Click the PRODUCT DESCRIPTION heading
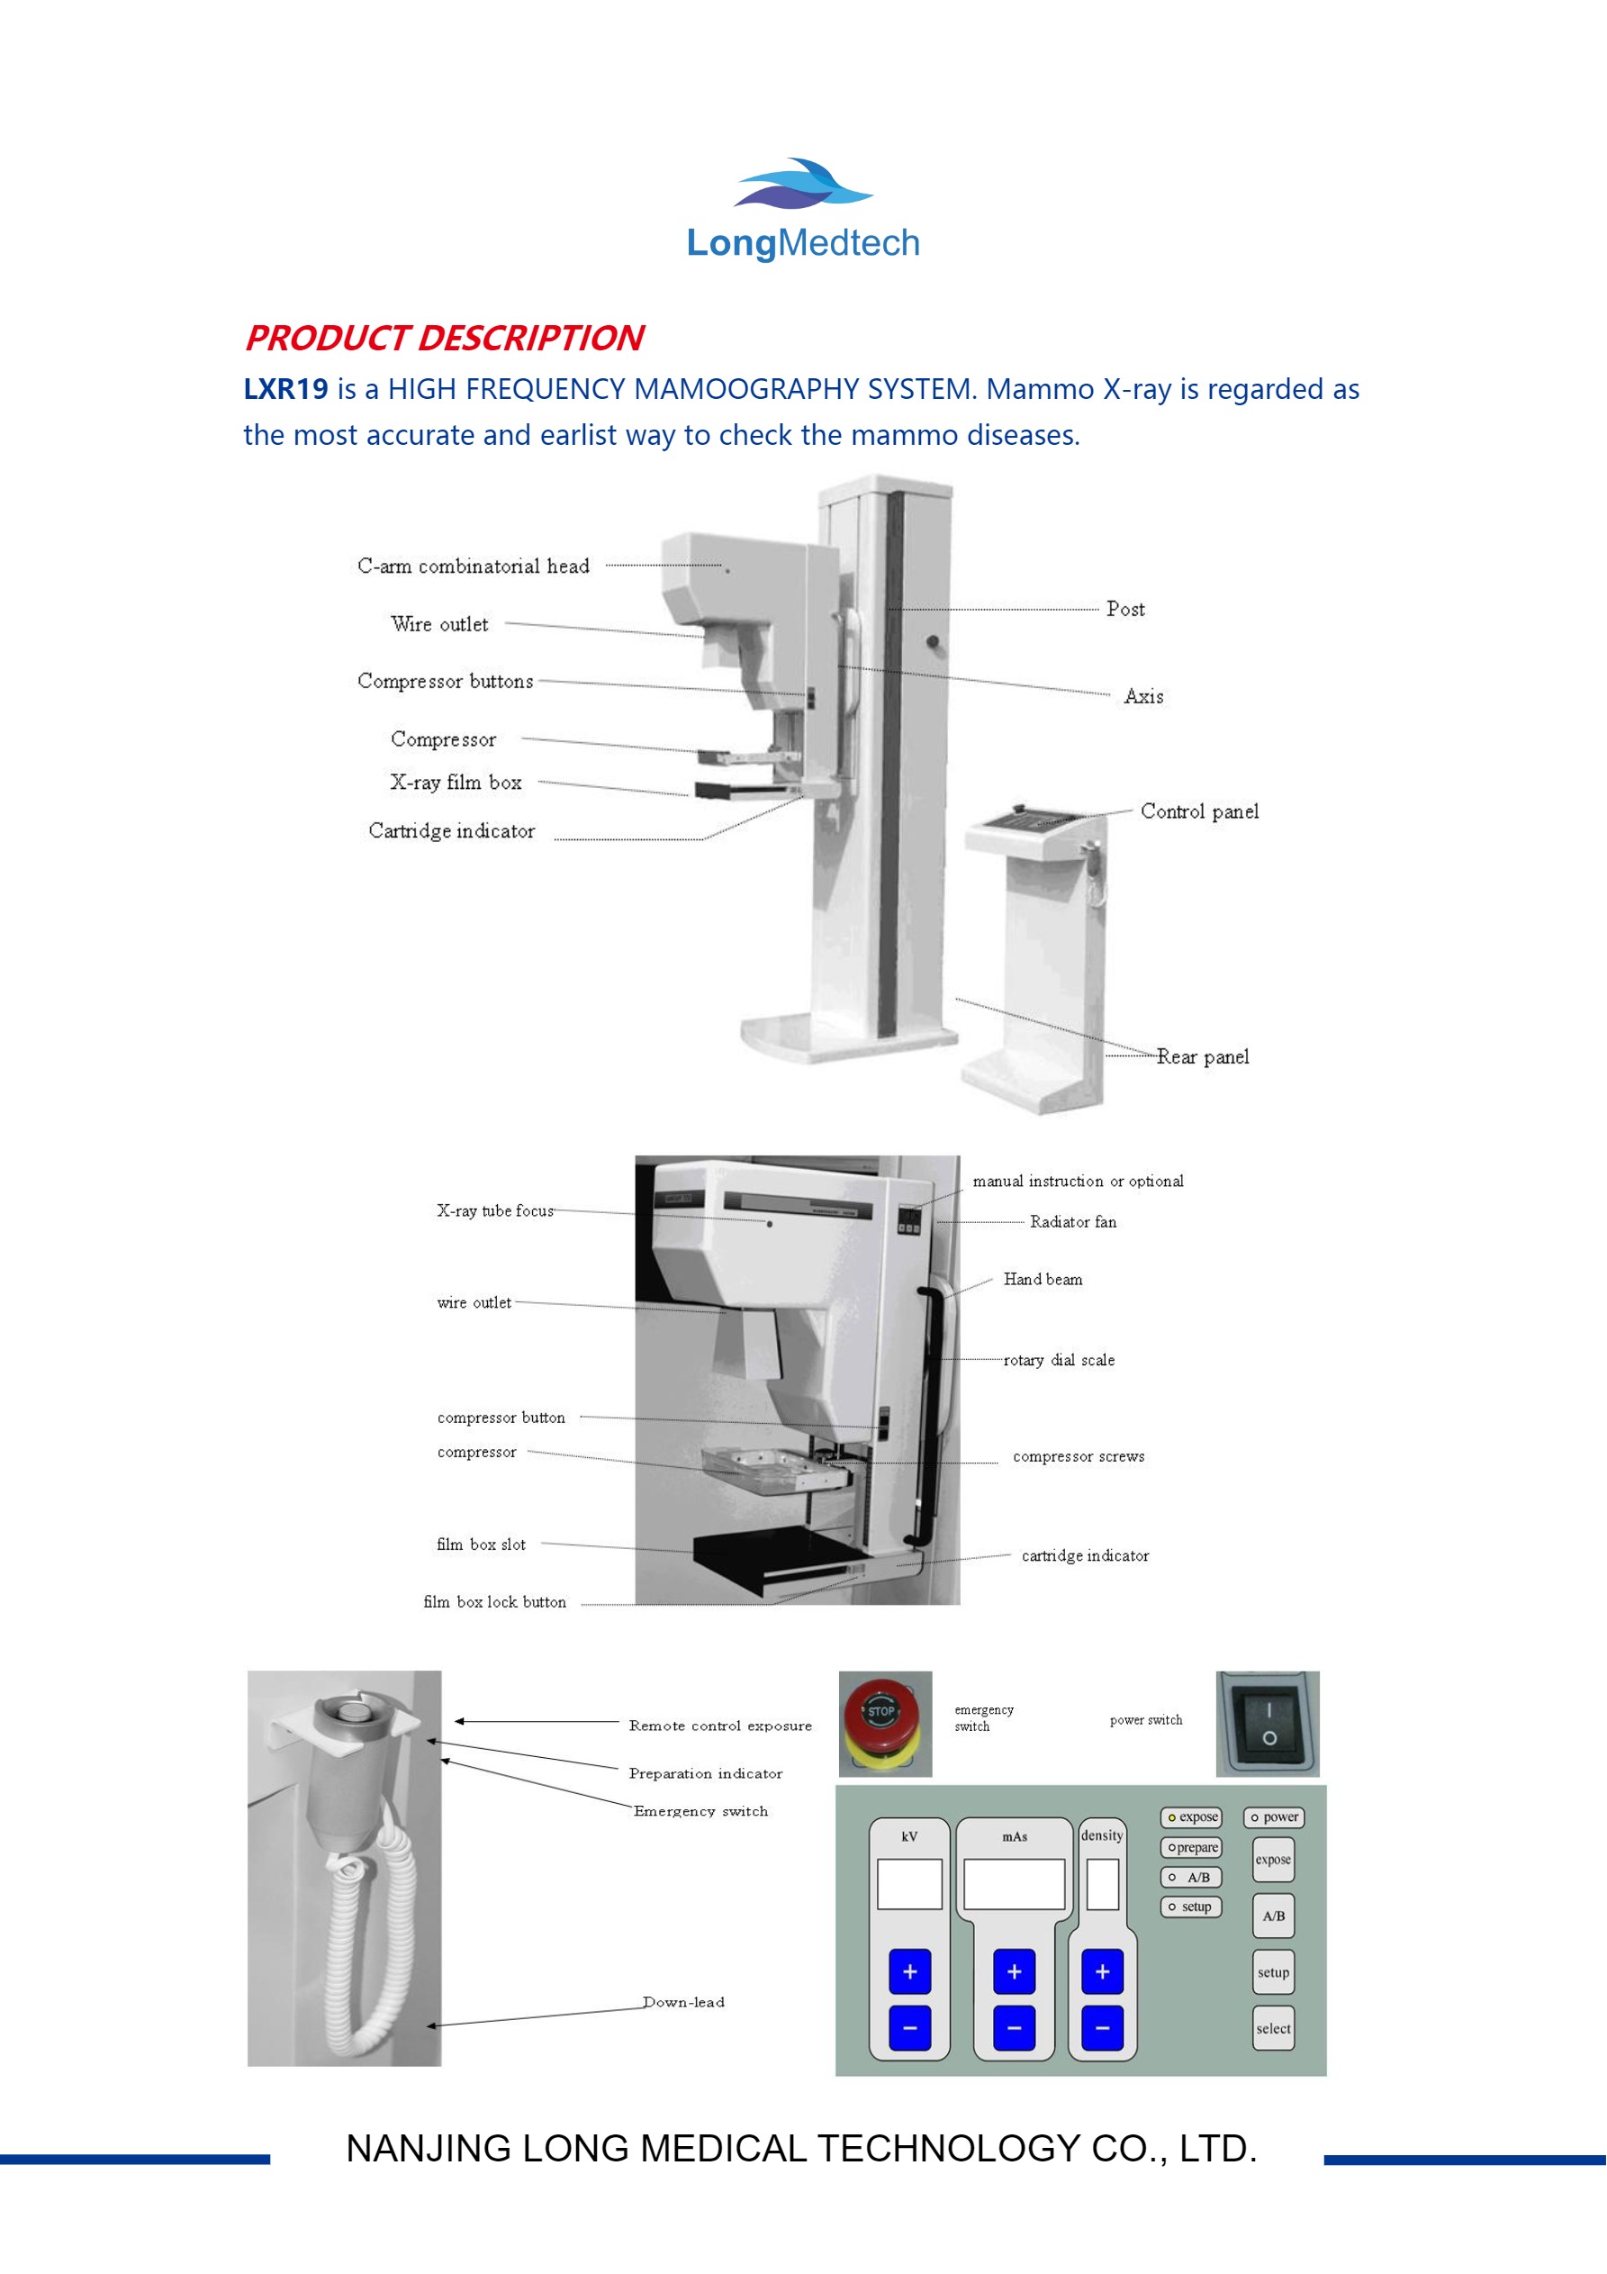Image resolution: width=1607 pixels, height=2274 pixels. click(445, 339)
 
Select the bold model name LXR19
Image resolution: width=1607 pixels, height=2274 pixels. click(285, 389)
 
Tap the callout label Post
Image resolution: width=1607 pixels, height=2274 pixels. click(1124, 609)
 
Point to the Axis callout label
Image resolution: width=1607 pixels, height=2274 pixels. click(1143, 696)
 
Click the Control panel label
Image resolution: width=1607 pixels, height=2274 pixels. click(1199, 811)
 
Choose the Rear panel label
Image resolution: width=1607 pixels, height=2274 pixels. click(1202, 1056)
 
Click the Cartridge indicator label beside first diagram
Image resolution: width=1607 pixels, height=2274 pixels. click(452, 831)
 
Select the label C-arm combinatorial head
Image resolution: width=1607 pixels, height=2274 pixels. click(474, 566)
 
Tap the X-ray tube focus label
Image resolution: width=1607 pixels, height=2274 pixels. click(495, 1210)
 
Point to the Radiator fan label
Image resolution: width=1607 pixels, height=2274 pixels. click(1072, 1222)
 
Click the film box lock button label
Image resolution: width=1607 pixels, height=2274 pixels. click(494, 1601)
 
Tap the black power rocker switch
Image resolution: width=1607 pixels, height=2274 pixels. click(1268, 1724)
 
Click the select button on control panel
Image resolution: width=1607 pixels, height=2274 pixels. click(1272, 2028)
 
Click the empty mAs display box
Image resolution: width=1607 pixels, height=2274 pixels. click(1014, 1884)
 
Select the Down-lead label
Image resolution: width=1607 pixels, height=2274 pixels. click(683, 2002)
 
